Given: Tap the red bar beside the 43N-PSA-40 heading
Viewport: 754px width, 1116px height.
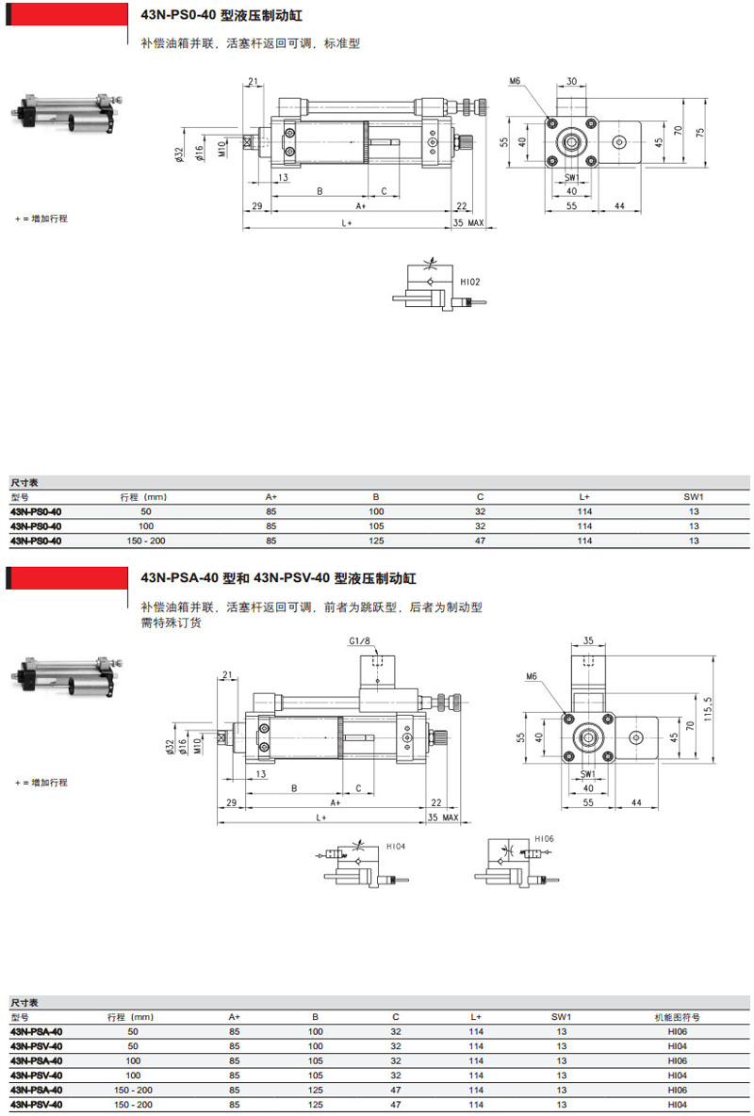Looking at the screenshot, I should coord(66,577).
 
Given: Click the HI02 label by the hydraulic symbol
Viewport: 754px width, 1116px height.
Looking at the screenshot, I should coord(470,282).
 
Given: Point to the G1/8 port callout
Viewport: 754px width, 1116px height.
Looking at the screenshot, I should coord(359,641).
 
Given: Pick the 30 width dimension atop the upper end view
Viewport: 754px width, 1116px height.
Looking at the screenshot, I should coord(572,82).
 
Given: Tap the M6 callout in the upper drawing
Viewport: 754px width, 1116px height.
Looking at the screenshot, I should coord(515,82).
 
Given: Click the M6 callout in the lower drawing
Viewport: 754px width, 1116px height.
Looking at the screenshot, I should coord(532,676).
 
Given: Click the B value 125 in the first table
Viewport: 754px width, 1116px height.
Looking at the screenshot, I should coord(375,541).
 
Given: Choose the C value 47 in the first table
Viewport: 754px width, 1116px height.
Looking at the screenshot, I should coord(480,541).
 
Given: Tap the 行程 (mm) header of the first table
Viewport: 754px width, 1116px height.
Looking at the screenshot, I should coord(143,496).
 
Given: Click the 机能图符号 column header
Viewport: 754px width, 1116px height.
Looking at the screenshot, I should coord(677,1017).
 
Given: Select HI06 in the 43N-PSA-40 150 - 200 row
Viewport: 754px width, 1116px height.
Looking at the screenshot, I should coord(677,1090).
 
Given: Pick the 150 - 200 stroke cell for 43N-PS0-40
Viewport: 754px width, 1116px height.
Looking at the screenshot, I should coord(145,541).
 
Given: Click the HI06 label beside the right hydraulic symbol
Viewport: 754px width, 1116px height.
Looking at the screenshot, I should coord(544,838).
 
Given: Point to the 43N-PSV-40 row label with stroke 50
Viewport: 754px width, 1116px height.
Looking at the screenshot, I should coord(37,1046).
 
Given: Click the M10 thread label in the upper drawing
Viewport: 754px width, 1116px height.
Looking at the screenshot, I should coord(221,150).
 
